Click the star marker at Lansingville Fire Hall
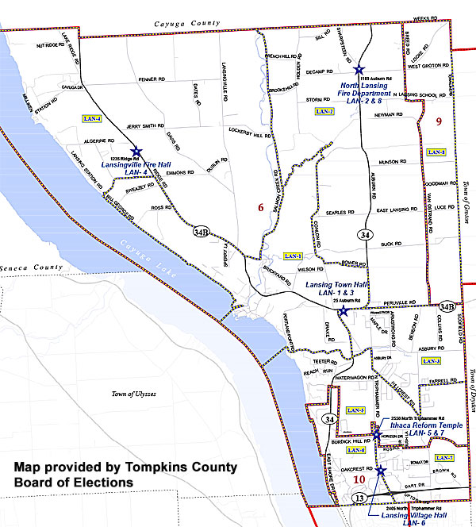pyautogui.click(x=136, y=151)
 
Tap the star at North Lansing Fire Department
pyautogui.click(x=359, y=71)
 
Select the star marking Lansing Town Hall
pyautogui.click(x=343, y=311)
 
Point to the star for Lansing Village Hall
pyautogui.click(x=381, y=471)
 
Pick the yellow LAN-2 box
pyautogui.click(x=325, y=111)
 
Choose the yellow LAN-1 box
pyautogui.click(x=293, y=256)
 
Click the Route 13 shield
pyautogui.click(x=361, y=496)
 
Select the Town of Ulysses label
pyautogui.click(x=133, y=394)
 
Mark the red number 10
pyautogui.click(x=359, y=479)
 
